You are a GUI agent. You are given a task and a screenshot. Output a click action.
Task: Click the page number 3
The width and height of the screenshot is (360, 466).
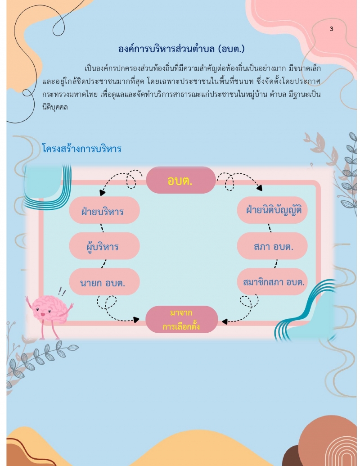pos(331,29)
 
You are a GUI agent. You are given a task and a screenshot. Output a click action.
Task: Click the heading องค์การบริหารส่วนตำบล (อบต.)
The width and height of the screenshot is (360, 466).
pos(181,48)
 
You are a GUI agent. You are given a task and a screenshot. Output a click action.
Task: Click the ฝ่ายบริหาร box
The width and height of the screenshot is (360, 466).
pos(103,210)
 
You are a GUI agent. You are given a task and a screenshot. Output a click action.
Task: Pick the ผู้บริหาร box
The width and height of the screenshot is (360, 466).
pos(103,246)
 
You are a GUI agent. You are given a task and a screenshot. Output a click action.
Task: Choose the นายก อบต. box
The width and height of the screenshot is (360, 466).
pos(103,282)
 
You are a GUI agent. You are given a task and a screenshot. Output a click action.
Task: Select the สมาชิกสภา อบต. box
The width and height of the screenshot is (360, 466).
pos(272,282)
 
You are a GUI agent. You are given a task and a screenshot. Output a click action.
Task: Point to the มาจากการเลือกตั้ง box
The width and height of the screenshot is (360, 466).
pos(181,320)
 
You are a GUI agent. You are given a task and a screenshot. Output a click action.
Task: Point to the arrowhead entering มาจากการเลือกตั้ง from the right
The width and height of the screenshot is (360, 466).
pos(225,321)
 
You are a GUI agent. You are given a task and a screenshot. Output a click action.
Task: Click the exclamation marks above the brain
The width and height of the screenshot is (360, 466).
pos(62,292)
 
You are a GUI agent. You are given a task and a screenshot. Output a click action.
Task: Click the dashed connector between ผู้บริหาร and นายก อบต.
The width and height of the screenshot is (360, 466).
pos(104,264)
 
